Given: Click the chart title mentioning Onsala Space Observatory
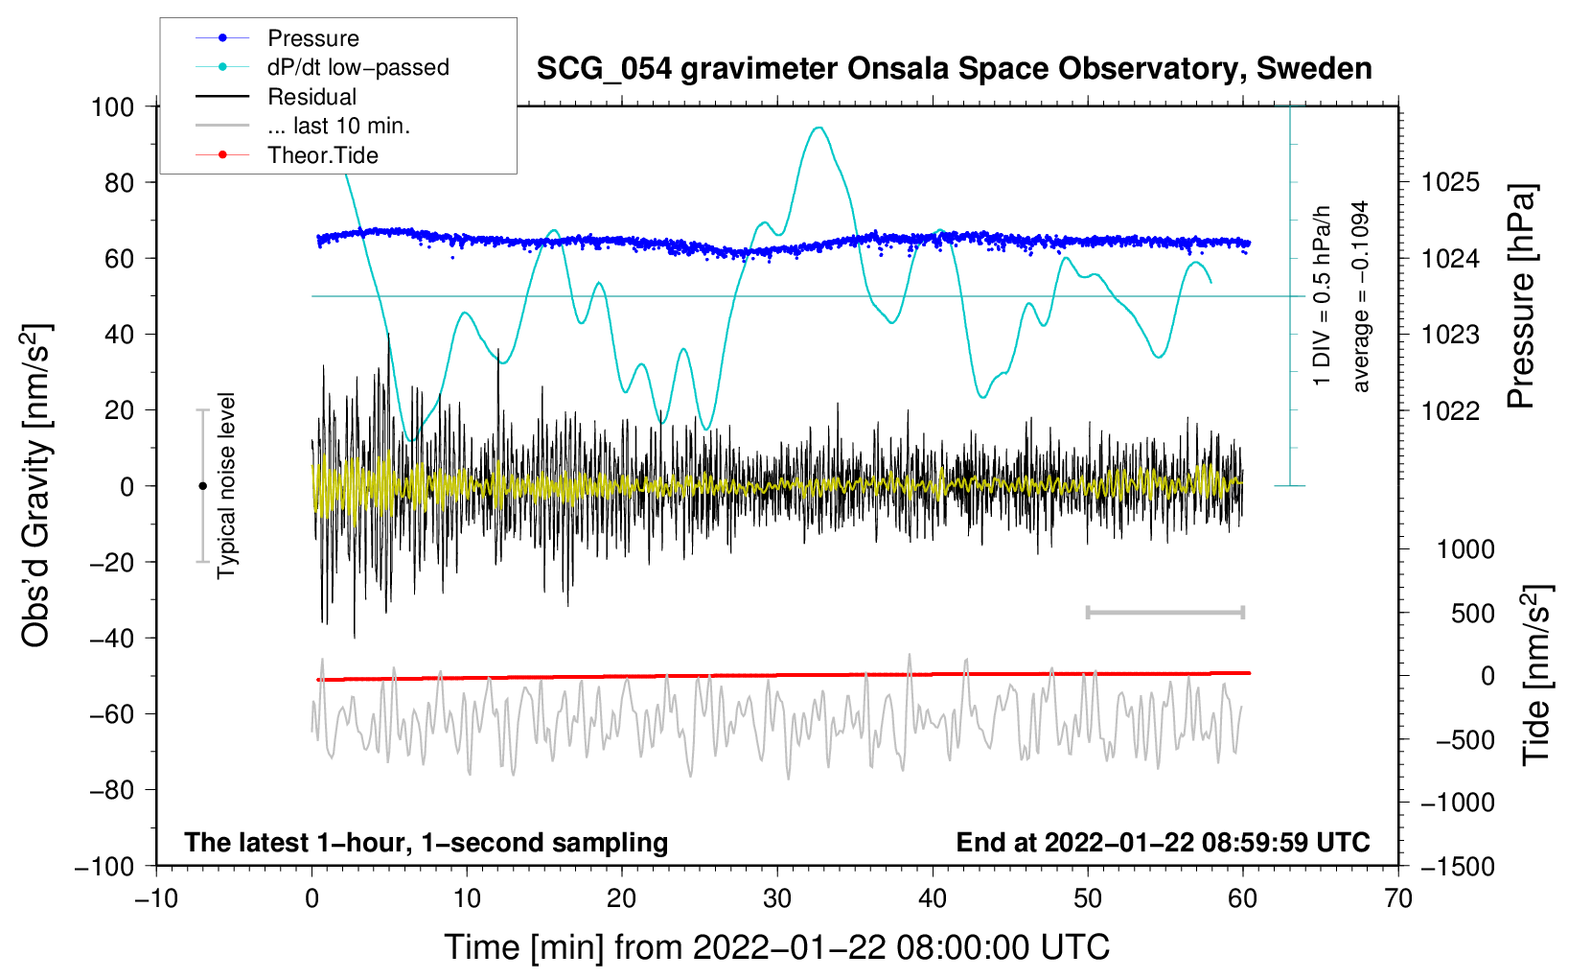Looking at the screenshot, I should pyautogui.click(x=954, y=69).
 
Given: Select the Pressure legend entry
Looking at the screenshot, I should pyautogui.click(x=312, y=38).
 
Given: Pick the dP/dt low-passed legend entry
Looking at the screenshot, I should pyautogui.click(x=357, y=67).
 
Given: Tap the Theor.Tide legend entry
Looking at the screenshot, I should pyautogui.click(x=322, y=155).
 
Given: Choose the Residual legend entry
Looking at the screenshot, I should pyautogui.click(x=311, y=97).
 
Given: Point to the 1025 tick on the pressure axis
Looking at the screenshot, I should pyautogui.click(x=1450, y=182).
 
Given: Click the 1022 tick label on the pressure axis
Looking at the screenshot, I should pyautogui.click(x=1450, y=410).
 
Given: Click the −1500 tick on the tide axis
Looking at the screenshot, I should pyautogui.click(x=1458, y=866).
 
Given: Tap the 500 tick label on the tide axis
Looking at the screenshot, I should pyautogui.click(x=1472, y=613).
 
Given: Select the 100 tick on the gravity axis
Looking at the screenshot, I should pyautogui.click(x=112, y=106).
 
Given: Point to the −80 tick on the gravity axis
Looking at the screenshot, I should pyautogui.click(x=112, y=790).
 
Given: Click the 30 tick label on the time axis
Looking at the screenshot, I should pyautogui.click(x=777, y=898).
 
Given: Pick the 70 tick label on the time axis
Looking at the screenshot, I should pyautogui.click(x=1398, y=898).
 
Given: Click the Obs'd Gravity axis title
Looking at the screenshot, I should pyautogui.click(x=35, y=485).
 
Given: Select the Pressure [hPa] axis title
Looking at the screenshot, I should pyautogui.click(x=1521, y=296).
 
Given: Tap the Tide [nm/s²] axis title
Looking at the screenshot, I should pyautogui.click(x=1536, y=674).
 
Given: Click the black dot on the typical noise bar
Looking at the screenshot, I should pyautogui.click(x=202, y=486).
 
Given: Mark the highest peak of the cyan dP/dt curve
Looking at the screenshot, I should pyautogui.click(x=818, y=128).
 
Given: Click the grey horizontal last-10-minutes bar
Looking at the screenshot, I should pyautogui.click(x=1164, y=612).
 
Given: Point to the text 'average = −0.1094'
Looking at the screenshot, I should pyautogui.click(x=1361, y=296).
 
